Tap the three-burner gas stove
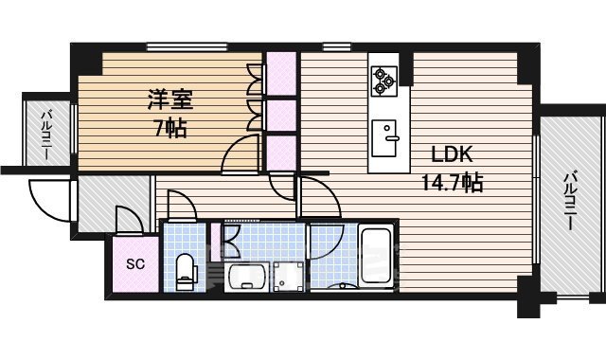383,79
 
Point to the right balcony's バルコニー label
571,203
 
